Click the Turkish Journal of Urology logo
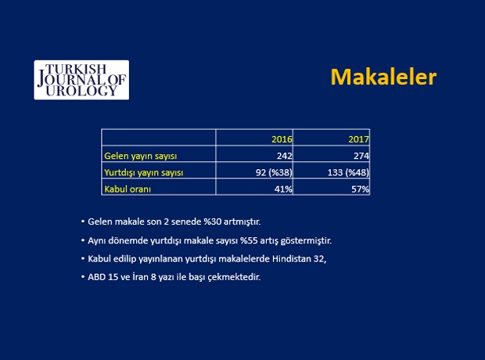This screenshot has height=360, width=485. [81, 80]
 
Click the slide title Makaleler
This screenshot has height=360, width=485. [383, 77]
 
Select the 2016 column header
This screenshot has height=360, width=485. [282, 139]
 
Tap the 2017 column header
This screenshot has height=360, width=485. [359, 139]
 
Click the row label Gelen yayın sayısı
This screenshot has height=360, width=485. [141, 156]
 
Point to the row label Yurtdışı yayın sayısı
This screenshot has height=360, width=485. [143, 172]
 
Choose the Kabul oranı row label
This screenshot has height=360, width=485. [128, 189]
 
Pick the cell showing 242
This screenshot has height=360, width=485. [285, 156]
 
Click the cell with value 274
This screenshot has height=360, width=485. [361, 156]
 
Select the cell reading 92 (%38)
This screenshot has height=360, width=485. [274, 172]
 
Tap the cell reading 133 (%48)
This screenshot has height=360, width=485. [348, 172]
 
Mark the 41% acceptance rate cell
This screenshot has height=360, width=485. [283, 189]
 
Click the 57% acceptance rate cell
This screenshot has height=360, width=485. [361, 189]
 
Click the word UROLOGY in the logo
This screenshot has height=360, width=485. [81, 90]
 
